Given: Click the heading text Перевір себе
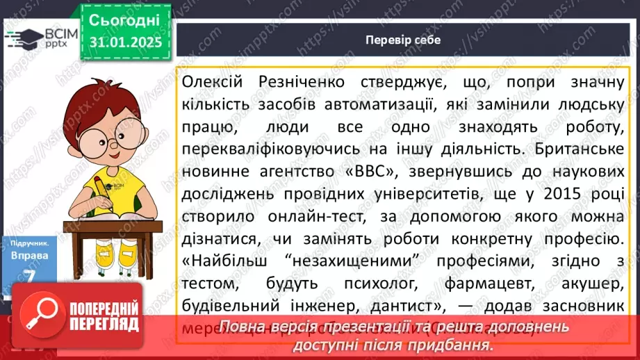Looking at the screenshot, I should click(x=403, y=40).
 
